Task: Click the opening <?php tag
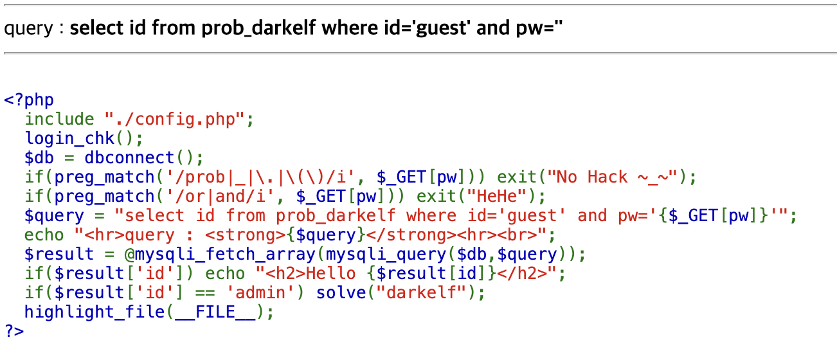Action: click(29, 100)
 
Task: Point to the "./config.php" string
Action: click(175, 120)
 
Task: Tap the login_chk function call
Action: click(74, 139)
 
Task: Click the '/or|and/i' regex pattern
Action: click(200, 197)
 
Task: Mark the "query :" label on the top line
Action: click(33, 29)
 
